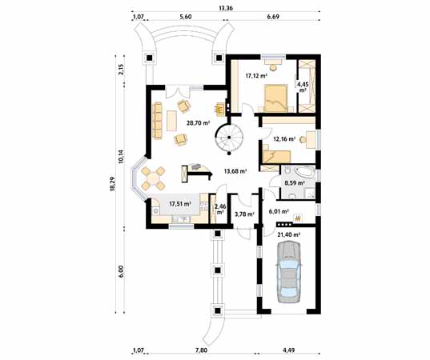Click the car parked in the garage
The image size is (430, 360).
(289, 272)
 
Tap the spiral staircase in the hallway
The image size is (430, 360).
(229, 138)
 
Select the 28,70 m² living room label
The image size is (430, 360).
(199, 123)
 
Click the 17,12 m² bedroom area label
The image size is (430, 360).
(256, 76)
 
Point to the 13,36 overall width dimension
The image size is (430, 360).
(226, 8)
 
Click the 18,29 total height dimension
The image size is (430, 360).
(112, 184)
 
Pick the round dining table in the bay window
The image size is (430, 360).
(153, 179)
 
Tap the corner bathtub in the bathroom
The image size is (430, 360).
(303, 172)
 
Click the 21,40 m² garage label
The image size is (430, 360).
(289, 234)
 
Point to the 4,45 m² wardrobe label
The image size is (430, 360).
(303, 87)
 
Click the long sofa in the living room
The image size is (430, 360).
(158, 121)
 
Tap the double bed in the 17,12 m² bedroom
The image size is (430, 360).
(276, 98)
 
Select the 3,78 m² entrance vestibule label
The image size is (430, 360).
(244, 214)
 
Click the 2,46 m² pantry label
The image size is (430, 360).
(220, 210)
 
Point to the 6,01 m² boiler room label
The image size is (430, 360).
(279, 211)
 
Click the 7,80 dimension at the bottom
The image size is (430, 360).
(201, 350)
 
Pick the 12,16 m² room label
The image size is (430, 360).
(284, 139)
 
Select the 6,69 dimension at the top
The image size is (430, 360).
(273, 17)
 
